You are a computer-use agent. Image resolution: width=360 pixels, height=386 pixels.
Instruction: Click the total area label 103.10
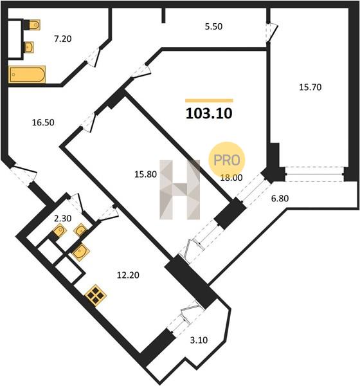click(x=209, y=114)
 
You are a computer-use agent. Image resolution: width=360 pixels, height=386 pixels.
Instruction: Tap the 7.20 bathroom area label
click(x=63, y=39)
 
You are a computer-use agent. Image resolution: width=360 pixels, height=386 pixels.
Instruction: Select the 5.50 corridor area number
click(x=213, y=26)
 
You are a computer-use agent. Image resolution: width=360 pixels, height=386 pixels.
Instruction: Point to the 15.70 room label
click(x=310, y=87)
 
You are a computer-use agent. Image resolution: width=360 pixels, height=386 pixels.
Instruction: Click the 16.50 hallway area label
click(x=43, y=122)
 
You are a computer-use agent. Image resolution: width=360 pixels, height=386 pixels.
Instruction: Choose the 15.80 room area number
click(x=145, y=174)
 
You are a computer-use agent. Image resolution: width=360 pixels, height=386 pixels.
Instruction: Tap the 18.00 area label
click(x=231, y=178)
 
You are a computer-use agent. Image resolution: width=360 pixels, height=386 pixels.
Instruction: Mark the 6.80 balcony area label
click(x=280, y=198)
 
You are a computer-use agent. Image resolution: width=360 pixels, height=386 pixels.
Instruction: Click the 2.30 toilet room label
click(x=63, y=218)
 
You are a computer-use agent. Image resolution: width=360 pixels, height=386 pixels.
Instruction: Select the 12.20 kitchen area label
click(x=128, y=275)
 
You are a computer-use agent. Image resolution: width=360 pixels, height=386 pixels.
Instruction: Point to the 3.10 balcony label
click(x=199, y=340)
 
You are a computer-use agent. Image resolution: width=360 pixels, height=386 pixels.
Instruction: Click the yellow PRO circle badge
click(x=227, y=160)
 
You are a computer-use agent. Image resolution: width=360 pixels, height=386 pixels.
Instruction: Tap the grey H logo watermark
click(x=179, y=190)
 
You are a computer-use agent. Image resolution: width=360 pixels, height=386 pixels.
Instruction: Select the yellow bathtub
click(x=27, y=75)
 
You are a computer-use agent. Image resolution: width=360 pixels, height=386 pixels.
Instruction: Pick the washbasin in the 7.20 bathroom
click(x=29, y=47)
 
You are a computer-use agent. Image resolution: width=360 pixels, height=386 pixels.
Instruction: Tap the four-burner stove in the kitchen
click(x=96, y=295)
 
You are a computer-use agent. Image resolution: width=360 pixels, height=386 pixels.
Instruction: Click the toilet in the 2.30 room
click(x=60, y=231)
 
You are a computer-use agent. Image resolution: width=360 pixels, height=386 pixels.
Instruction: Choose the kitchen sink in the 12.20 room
click(x=81, y=252)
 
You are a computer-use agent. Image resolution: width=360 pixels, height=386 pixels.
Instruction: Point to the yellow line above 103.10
click(x=209, y=100)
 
